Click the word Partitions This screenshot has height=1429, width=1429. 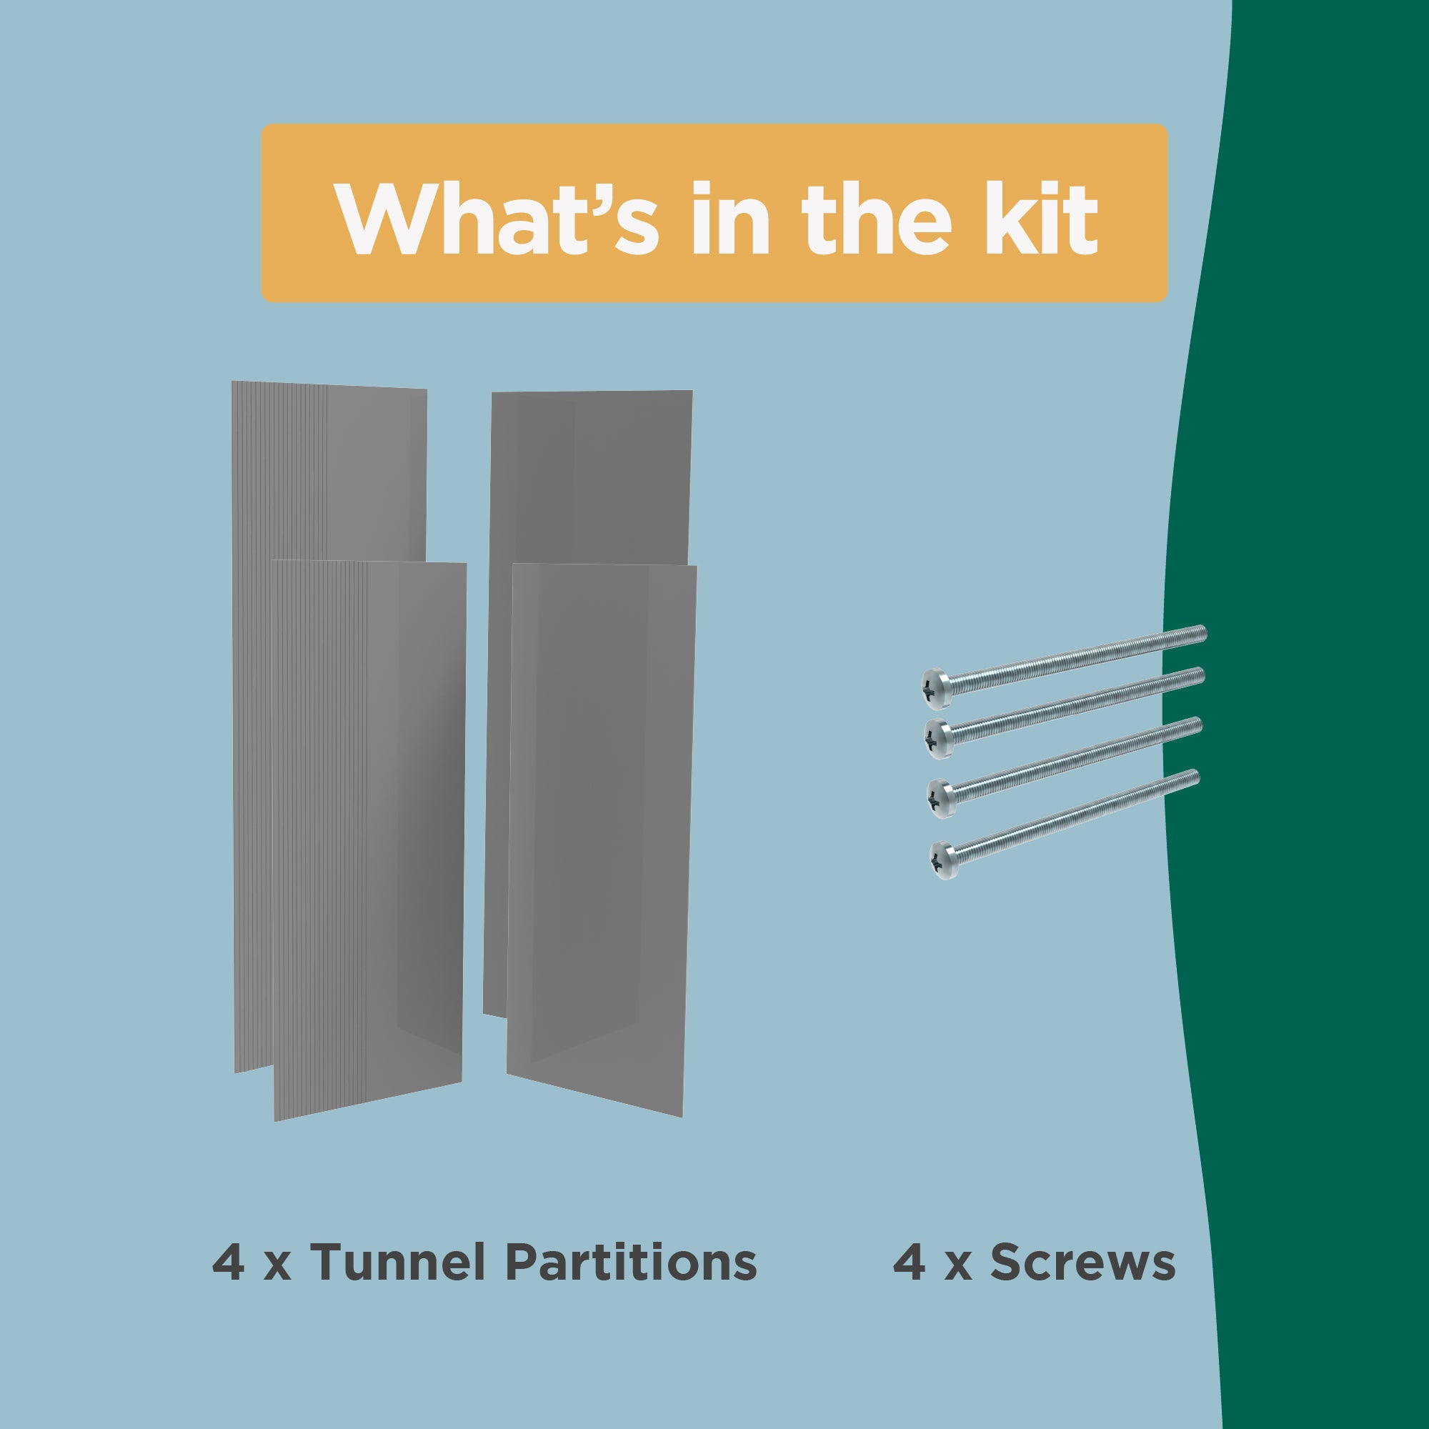point(631,1263)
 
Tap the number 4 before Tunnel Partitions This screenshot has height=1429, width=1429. point(229,1263)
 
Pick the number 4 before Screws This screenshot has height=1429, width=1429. point(909,1263)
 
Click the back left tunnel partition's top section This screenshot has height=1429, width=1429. point(329,474)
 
